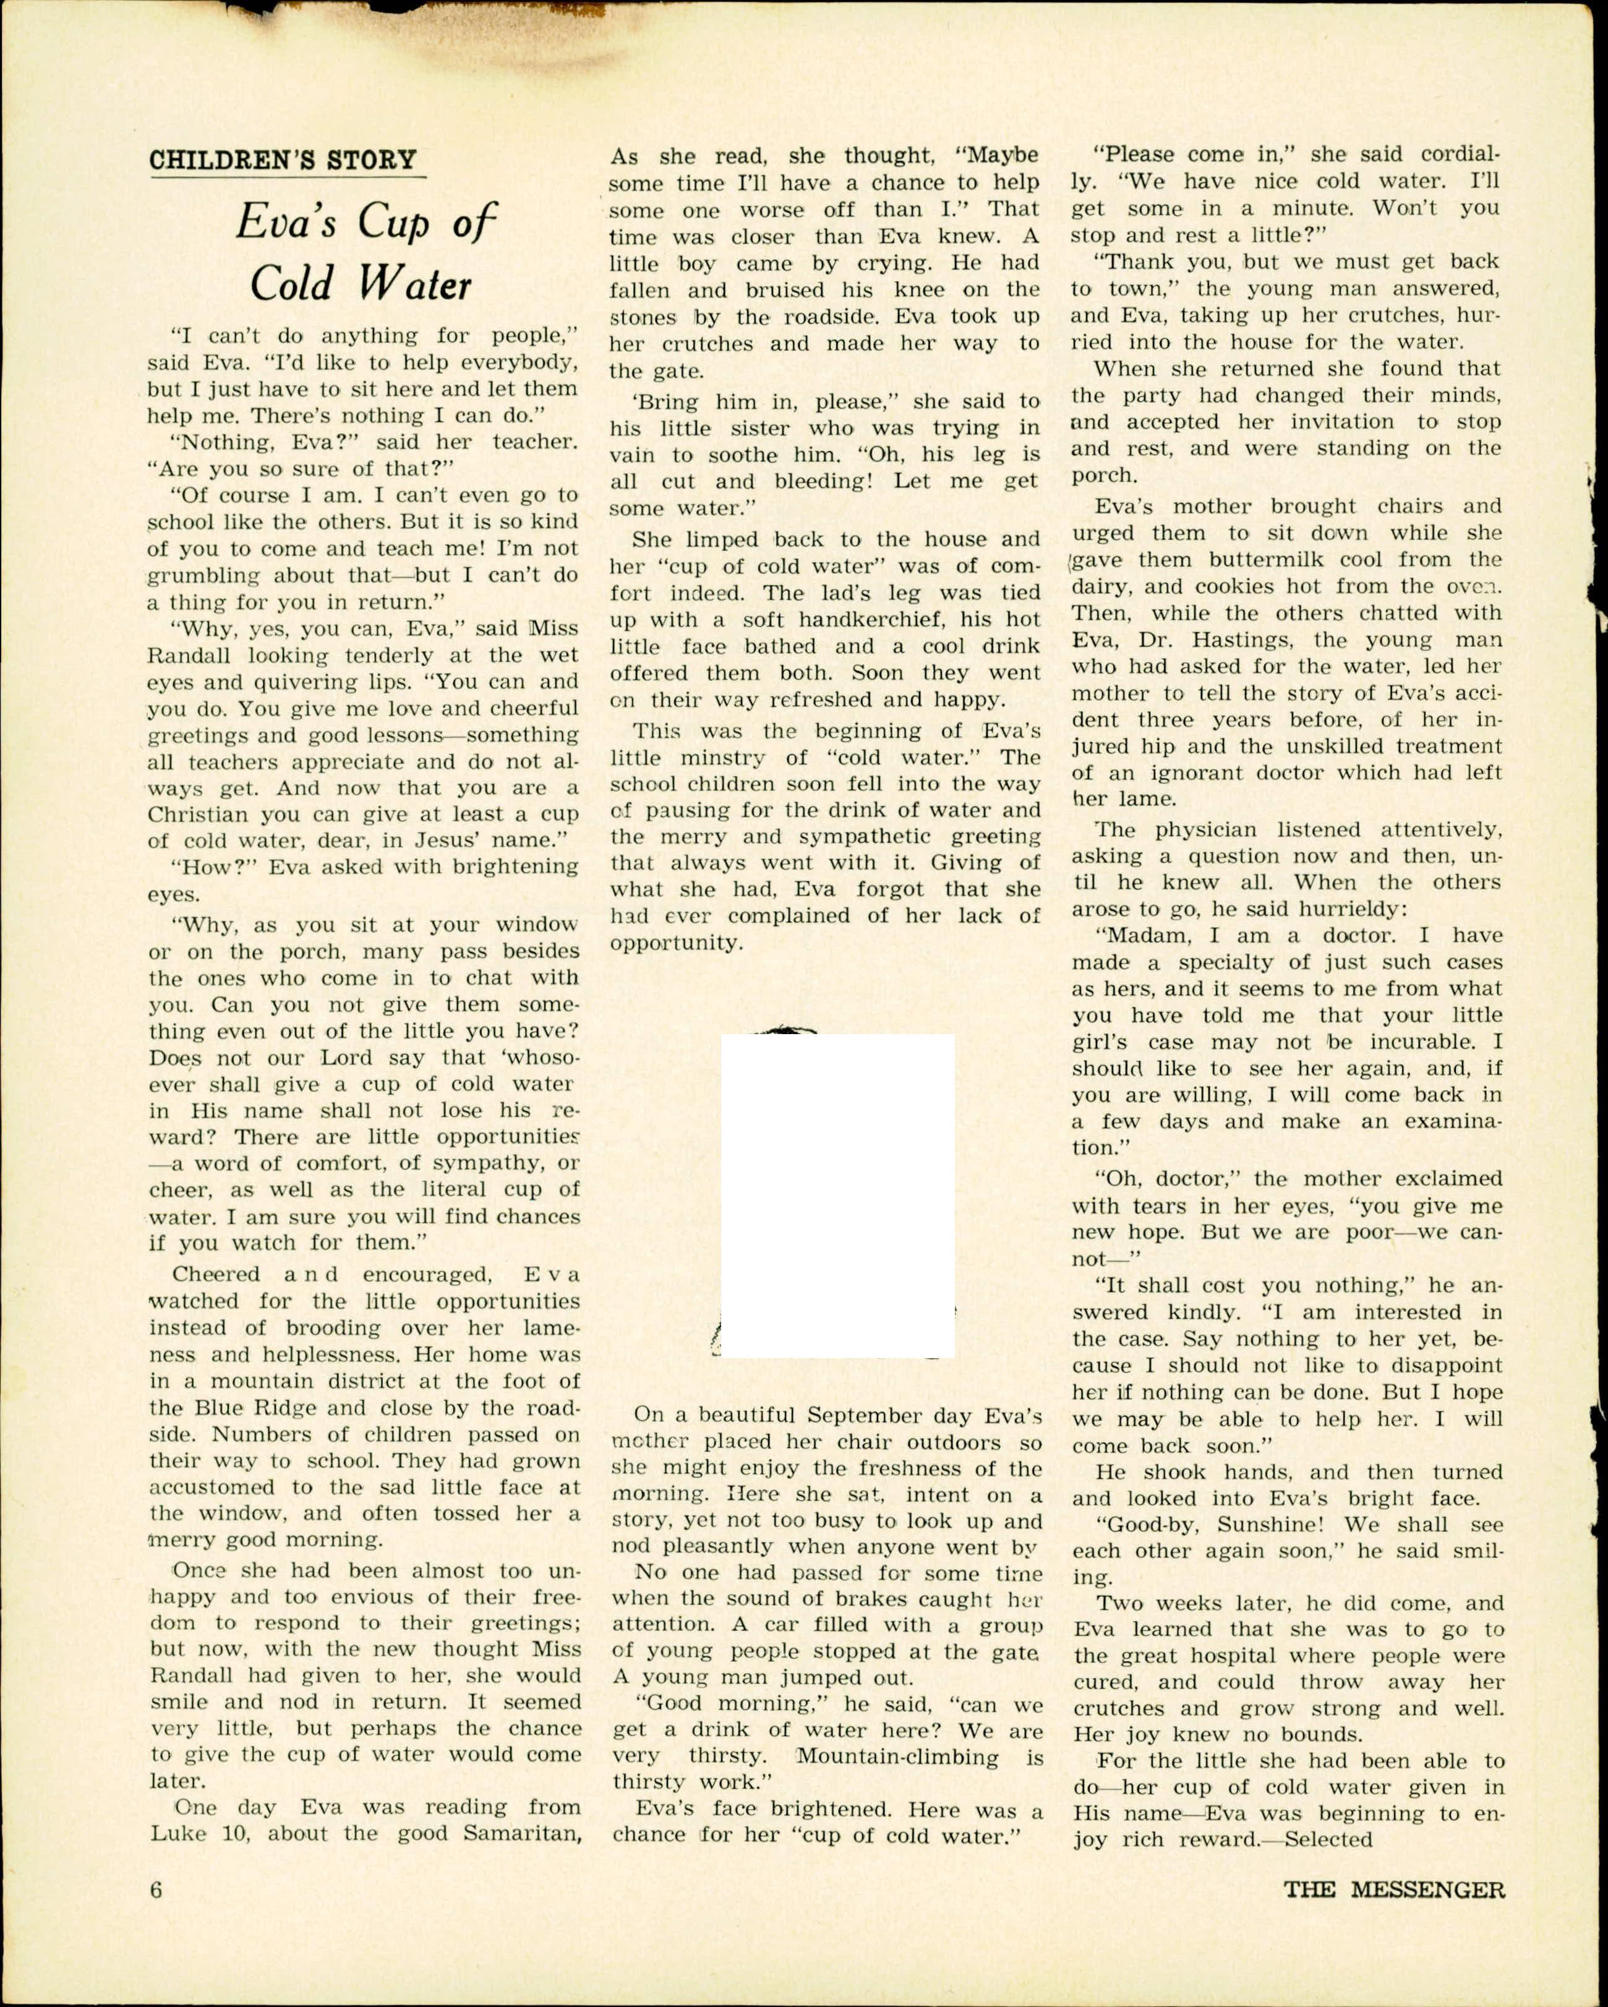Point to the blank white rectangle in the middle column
[837, 1196]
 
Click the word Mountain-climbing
[897, 1757]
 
